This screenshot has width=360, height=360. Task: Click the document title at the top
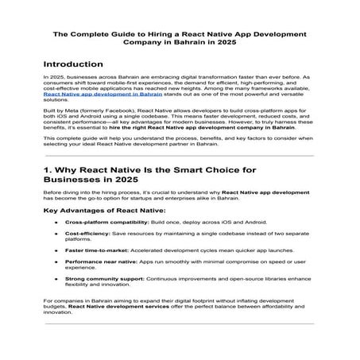click(180, 39)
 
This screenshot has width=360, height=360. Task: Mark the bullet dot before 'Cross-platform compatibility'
click(56, 245)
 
